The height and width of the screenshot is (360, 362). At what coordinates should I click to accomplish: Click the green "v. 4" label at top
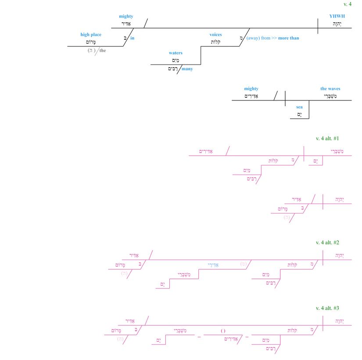[x=347, y=4]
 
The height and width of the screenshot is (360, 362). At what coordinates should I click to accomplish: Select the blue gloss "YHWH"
[x=337, y=16]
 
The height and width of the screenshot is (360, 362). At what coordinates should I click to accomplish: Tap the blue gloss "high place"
[x=91, y=35]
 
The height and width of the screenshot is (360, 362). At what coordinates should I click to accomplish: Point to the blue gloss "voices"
[x=215, y=35]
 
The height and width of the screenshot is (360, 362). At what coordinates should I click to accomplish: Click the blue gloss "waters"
[x=176, y=53]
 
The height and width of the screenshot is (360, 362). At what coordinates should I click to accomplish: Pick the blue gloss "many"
[x=187, y=69]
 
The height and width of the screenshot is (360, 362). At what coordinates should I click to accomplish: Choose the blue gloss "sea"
[x=299, y=107]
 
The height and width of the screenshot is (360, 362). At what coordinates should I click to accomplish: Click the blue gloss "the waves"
[x=330, y=89]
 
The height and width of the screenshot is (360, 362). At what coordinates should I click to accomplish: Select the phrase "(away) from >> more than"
[x=272, y=38]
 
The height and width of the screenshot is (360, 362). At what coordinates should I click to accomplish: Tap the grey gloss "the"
[x=103, y=50]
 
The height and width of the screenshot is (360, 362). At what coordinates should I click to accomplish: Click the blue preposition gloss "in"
[x=132, y=38]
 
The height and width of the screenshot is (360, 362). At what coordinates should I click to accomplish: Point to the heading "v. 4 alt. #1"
[x=327, y=138]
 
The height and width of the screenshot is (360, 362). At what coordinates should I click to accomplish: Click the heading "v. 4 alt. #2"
[x=327, y=242]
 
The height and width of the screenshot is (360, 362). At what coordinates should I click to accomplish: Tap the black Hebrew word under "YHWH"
[x=337, y=24]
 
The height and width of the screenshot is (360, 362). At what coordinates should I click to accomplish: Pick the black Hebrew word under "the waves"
[x=331, y=96]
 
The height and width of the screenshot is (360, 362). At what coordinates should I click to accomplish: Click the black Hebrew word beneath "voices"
[x=215, y=42]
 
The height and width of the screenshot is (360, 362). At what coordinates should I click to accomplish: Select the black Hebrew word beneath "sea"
[x=299, y=114]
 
